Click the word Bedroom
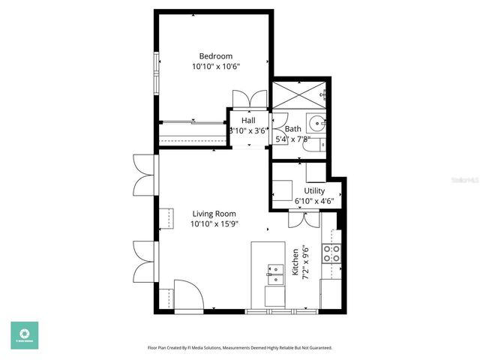click(215, 56)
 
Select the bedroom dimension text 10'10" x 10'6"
click(215, 67)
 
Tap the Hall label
click(248, 120)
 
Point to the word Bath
click(292, 129)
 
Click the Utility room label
click(314, 191)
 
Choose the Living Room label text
click(214, 214)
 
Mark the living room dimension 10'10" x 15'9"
click(214, 224)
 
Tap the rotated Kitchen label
click(295, 263)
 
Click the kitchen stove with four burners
click(331, 253)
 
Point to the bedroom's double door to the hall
click(248, 100)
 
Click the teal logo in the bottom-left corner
click(24, 334)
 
